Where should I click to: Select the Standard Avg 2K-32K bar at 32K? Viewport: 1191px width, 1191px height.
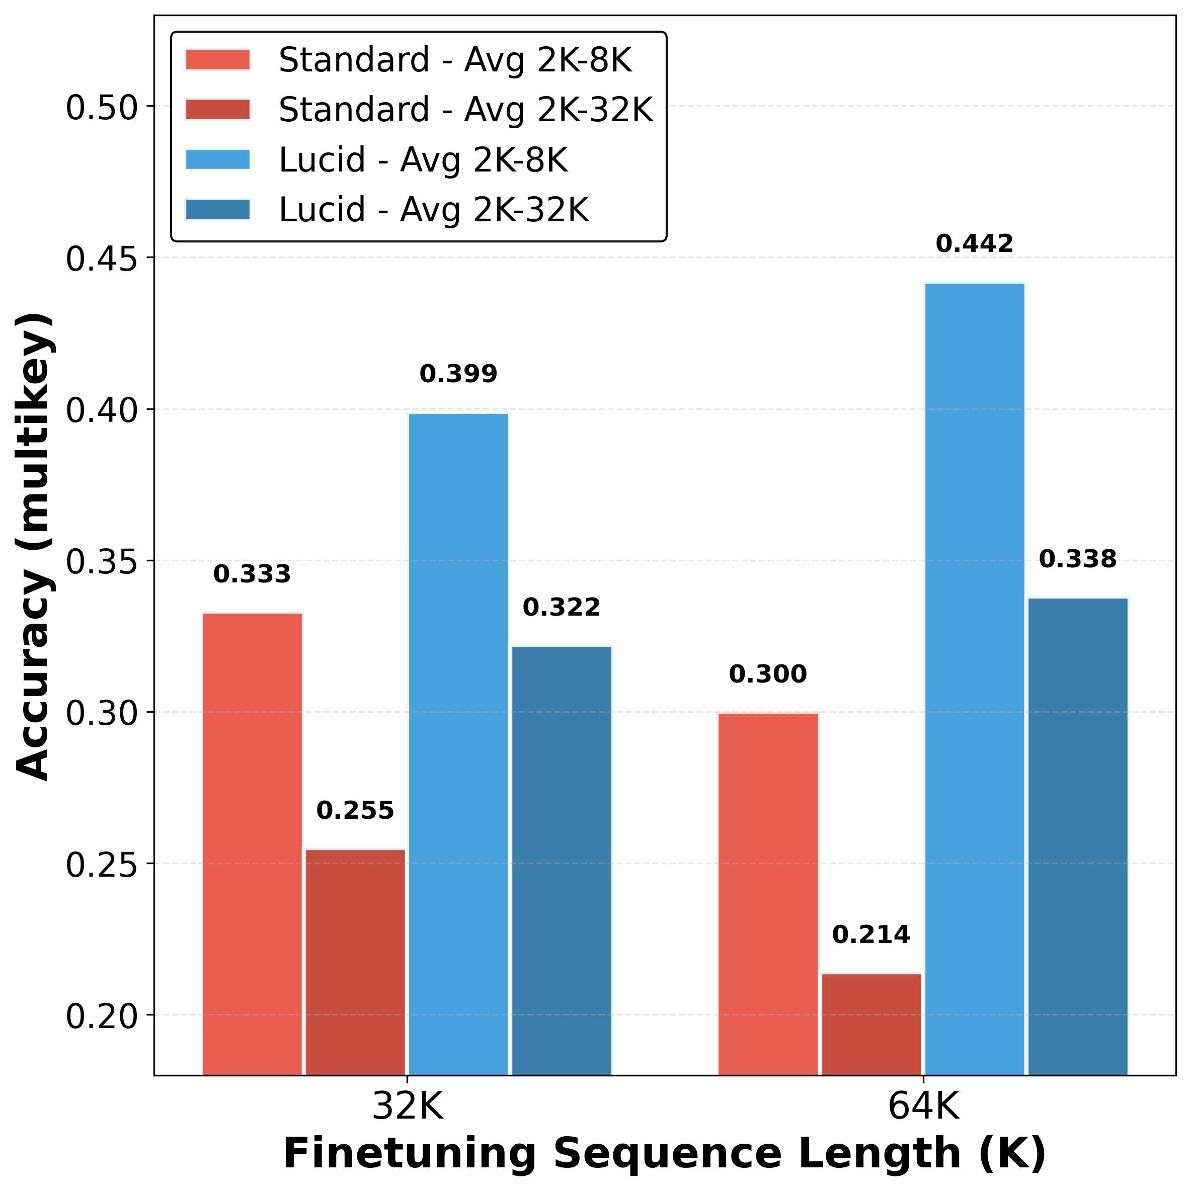[x=355, y=962]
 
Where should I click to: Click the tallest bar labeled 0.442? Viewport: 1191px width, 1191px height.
[x=975, y=678]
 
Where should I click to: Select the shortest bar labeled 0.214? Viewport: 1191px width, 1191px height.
[x=871, y=1024]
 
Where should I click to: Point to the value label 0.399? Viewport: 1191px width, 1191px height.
[x=458, y=374]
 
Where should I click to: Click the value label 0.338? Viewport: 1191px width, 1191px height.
[x=1077, y=560]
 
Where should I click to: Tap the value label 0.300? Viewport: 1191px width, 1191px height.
[x=768, y=674]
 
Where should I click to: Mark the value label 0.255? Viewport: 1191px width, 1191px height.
[x=355, y=811]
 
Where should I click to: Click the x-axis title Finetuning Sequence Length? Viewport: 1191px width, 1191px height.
[x=664, y=1153]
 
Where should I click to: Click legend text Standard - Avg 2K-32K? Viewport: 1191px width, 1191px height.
[x=465, y=110]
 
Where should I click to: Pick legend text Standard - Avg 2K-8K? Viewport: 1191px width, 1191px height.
[x=455, y=60]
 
